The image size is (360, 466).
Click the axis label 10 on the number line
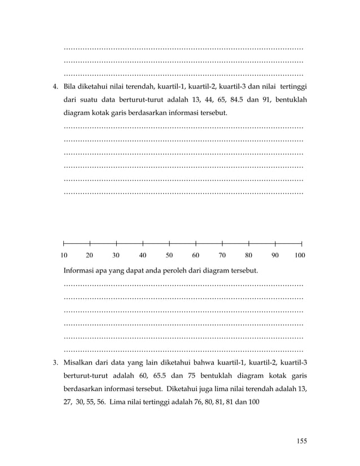coord(64,256)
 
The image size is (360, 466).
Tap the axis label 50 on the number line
coord(169,256)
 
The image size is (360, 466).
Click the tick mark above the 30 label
coord(117,244)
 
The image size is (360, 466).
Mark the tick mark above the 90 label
coord(275,244)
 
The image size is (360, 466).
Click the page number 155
coord(301,441)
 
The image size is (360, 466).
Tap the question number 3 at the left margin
coord(55,362)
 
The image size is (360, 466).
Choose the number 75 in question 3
coord(217,376)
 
